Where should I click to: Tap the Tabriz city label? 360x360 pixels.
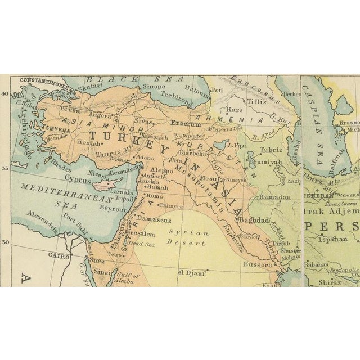tap(271, 150)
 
